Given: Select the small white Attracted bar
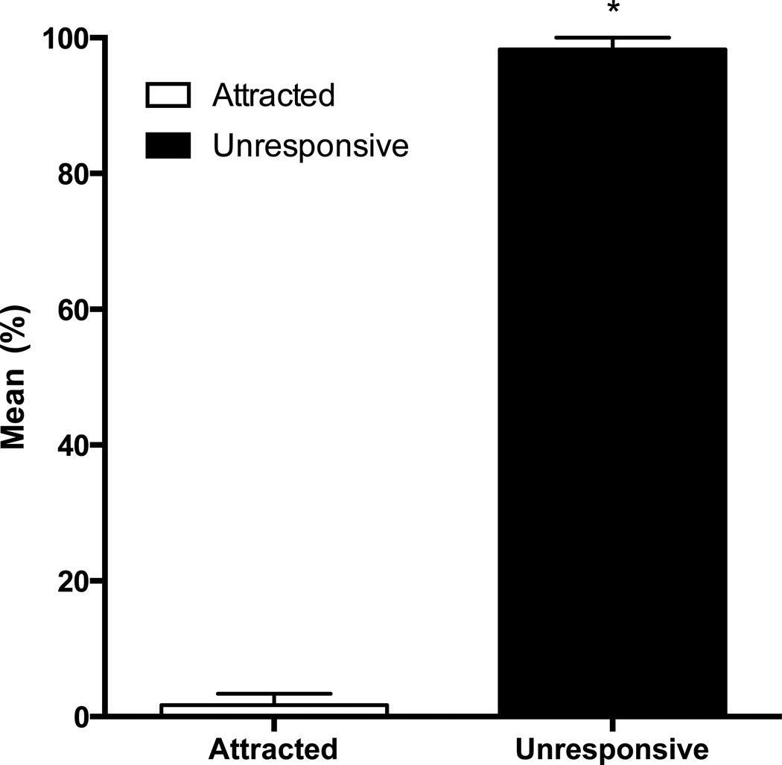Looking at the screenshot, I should [x=274, y=709].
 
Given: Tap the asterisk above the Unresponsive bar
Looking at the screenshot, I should [x=612, y=13].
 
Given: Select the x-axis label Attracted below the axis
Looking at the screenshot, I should [x=274, y=747].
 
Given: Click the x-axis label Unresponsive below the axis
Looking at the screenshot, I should [x=611, y=747].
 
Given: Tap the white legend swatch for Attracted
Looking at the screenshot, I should [x=168, y=95].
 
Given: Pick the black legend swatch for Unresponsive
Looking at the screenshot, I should [x=168, y=146].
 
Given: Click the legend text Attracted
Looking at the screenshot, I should [x=273, y=95].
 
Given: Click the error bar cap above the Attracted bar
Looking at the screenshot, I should [x=274, y=693].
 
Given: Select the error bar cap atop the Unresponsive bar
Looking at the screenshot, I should [x=612, y=37].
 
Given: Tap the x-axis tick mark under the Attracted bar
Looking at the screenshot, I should [x=274, y=726].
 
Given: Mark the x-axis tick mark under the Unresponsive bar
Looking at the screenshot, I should [x=612, y=726].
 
